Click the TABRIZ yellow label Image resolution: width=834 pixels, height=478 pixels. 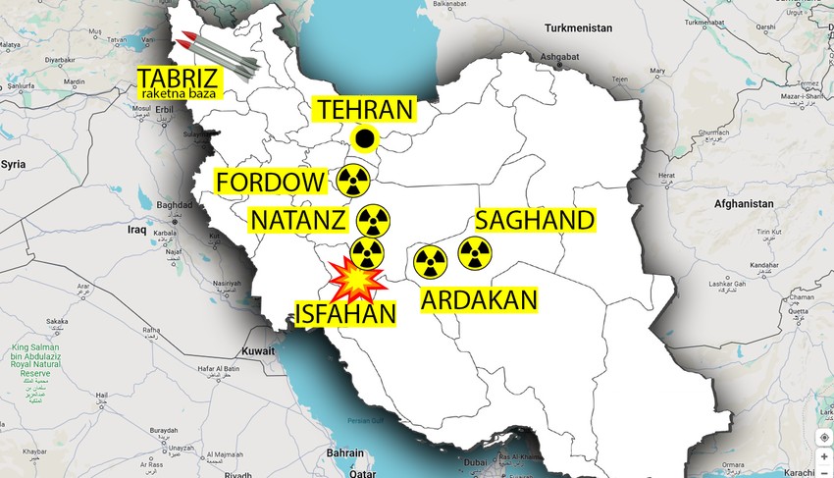[x=178, y=79]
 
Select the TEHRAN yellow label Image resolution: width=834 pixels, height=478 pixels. [x=364, y=110]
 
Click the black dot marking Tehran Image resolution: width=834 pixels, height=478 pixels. [x=364, y=139]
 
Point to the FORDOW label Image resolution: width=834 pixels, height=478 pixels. [x=271, y=182]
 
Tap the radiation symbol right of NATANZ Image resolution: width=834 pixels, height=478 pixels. [x=374, y=220]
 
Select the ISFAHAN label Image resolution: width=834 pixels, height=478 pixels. [x=346, y=314]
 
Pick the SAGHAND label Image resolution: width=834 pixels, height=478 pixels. [x=534, y=220]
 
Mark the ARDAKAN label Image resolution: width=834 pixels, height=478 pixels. [x=480, y=300]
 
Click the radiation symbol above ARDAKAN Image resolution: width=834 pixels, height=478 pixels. [x=430, y=260]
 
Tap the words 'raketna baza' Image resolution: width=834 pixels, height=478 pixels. [x=182, y=93]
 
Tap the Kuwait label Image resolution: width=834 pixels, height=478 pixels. [x=259, y=349]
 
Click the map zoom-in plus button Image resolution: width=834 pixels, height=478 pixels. [x=822, y=456]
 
